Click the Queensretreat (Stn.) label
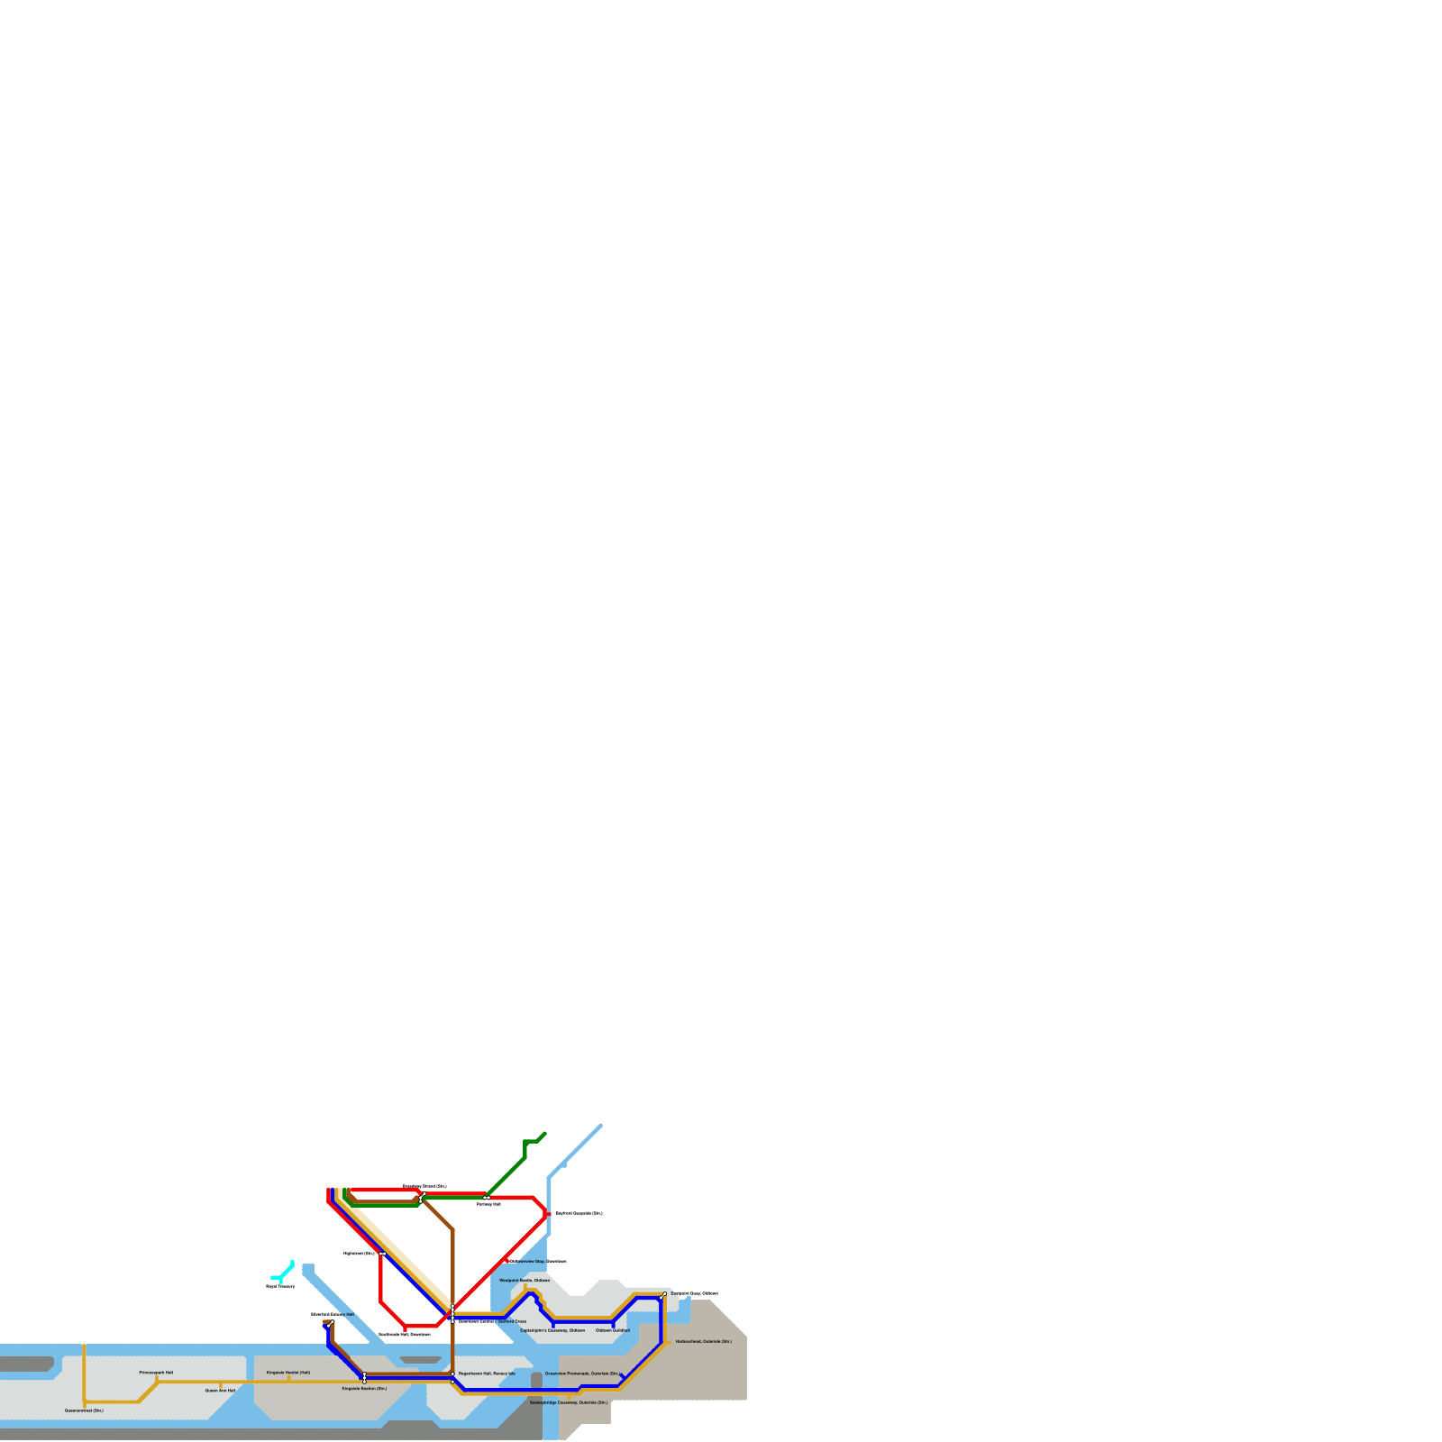tap(84, 1410)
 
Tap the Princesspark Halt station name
tap(156, 1373)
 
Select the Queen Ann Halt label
tap(220, 1391)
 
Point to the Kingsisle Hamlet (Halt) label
tap(288, 1373)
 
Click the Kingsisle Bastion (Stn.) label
tap(364, 1389)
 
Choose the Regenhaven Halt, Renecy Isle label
tap(487, 1374)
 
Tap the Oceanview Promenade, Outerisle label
tap(583, 1374)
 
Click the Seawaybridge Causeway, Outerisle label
tap(568, 1402)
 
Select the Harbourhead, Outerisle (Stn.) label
tap(704, 1341)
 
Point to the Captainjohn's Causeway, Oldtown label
tap(552, 1330)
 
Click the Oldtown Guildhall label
tap(613, 1330)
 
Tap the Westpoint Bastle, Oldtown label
tap(525, 1280)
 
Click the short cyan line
tap(282, 1272)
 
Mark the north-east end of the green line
tap(544, 1134)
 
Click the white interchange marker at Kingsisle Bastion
tap(364, 1377)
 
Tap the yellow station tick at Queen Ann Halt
tap(220, 1384)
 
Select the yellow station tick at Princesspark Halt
tap(157, 1379)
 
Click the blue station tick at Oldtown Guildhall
tap(614, 1324)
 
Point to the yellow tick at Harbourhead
tap(668, 1341)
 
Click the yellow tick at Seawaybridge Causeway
tap(570, 1396)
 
